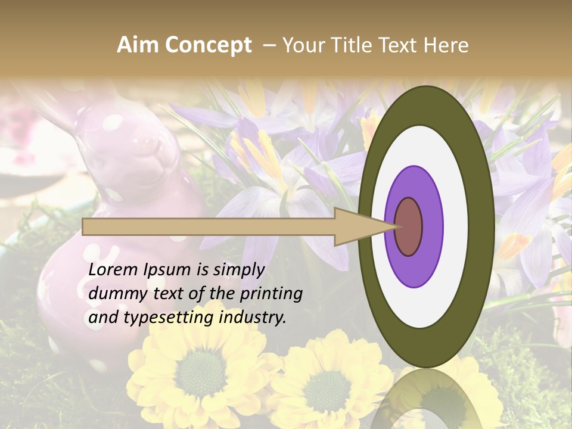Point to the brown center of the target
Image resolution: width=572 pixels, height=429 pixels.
click(408, 226)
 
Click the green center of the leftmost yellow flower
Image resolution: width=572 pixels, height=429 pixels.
click(200, 372)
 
